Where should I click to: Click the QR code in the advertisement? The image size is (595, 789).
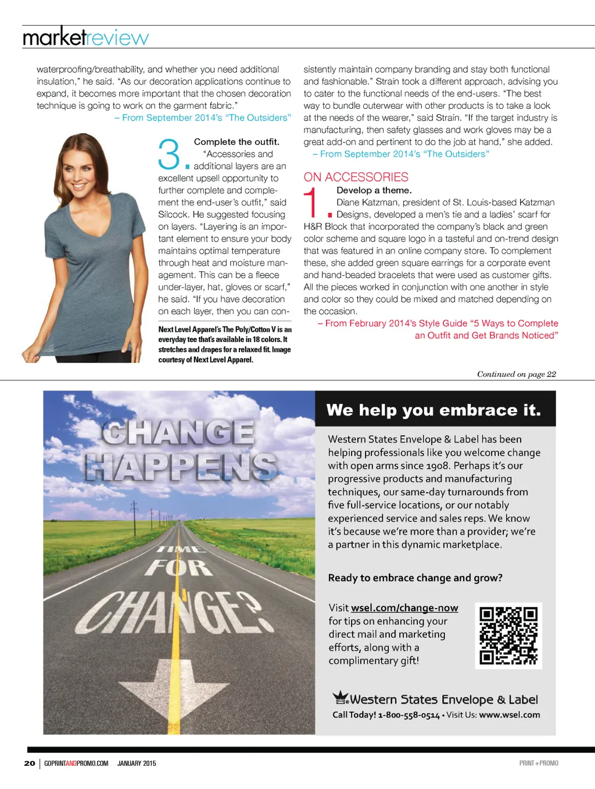coord(508,635)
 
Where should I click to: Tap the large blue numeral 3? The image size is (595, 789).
coord(169,155)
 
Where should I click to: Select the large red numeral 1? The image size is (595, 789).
coord(312,203)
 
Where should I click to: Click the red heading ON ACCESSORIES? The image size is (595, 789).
coord(356,177)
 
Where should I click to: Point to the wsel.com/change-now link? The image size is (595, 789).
coord(404,607)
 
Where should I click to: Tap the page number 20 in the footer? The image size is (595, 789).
coord(30,763)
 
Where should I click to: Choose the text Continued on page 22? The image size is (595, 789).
coord(516,374)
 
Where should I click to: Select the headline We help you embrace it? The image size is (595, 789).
coord(433,410)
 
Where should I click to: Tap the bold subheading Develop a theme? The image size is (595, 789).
coord(374,190)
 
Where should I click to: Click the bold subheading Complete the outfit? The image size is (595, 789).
coord(236,141)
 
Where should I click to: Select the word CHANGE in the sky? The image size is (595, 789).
coord(178,433)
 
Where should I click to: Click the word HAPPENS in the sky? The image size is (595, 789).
coord(181,467)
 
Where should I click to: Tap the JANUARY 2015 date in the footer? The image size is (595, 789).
coord(137,763)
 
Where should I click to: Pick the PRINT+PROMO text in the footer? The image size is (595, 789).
coord(538,763)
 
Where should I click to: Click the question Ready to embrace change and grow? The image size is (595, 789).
coord(415,578)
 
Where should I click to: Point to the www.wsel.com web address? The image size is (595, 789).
coord(509,715)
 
